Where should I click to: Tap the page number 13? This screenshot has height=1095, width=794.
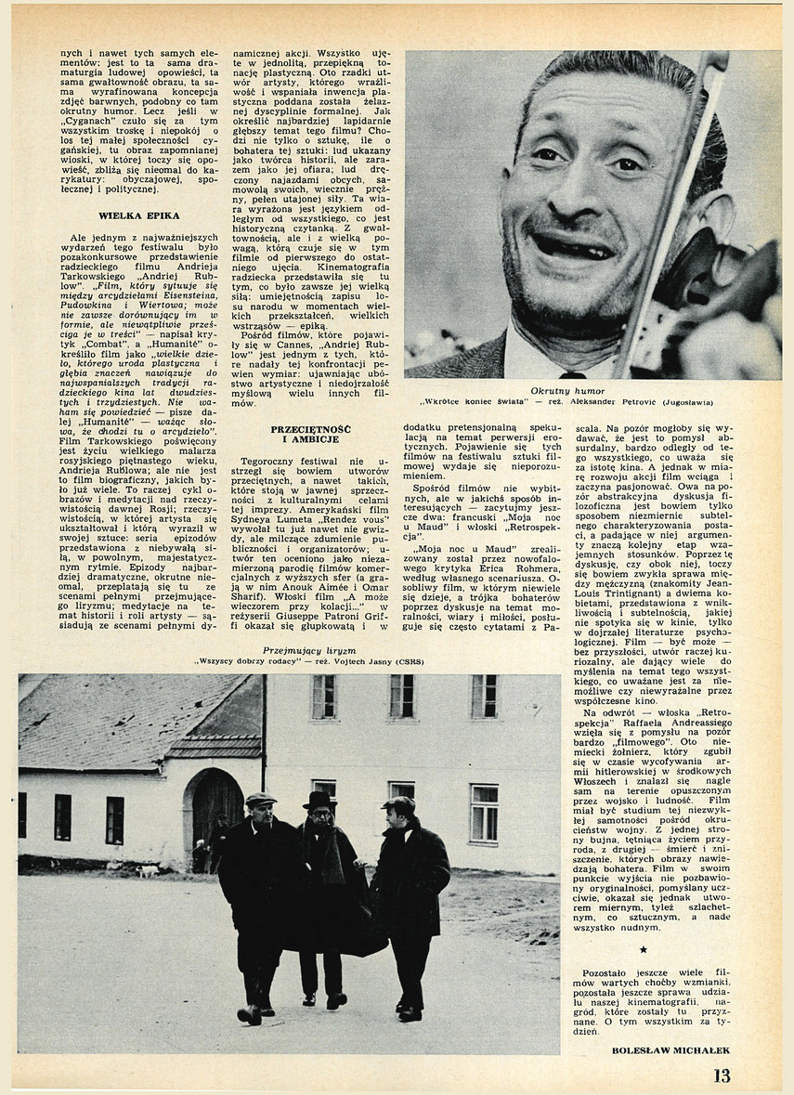tap(722, 1075)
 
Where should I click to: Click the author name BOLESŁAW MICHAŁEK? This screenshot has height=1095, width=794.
tap(671, 1050)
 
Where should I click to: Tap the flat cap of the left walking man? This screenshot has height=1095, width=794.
tap(261, 798)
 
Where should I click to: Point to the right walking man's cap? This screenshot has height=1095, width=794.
tap(399, 804)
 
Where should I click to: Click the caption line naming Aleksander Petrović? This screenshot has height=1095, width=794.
tap(567, 403)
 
